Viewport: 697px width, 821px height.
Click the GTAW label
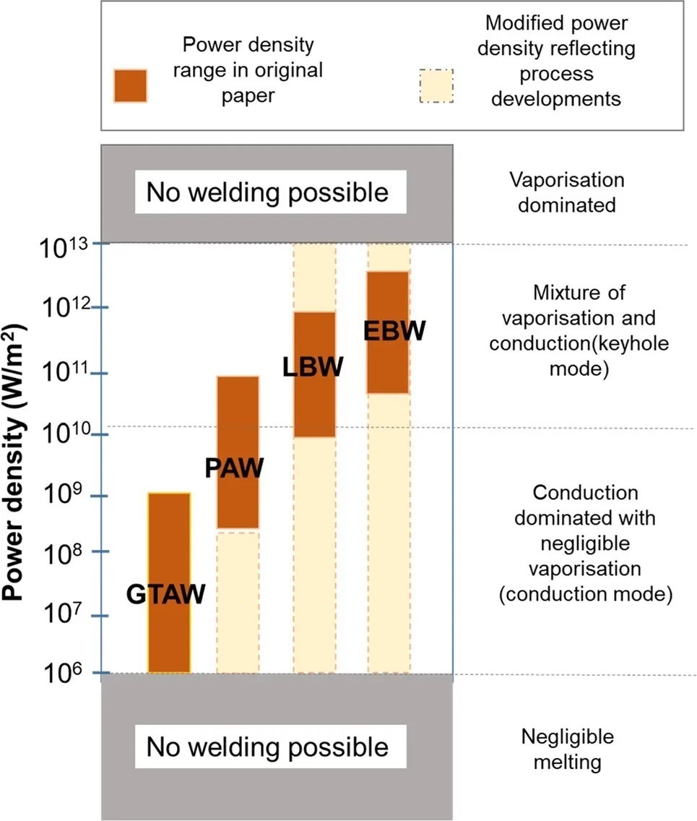(x=166, y=595)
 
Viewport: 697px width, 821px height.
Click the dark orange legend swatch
(x=131, y=87)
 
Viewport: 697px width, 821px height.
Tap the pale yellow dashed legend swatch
(x=436, y=87)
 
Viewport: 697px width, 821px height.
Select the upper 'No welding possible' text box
(x=267, y=193)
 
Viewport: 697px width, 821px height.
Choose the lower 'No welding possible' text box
(x=267, y=747)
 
